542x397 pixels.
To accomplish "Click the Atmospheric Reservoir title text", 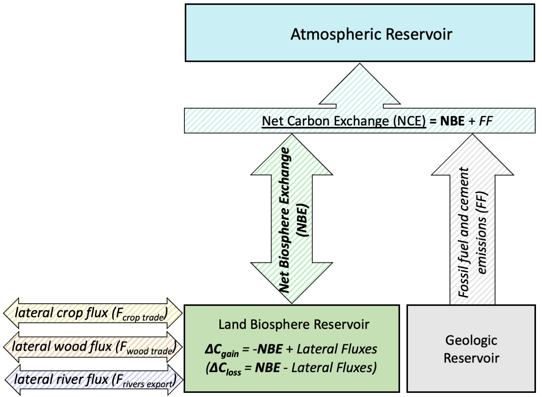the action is [x=371, y=34].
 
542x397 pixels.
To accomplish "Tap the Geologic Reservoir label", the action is [x=471, y=349].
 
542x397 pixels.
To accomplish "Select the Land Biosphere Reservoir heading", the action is [x=294, y=324].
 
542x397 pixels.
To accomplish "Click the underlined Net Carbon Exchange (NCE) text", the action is [x=344, y=121].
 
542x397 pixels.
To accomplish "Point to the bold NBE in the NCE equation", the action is [x=452, y=121].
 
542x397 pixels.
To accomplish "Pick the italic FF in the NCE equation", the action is [x=486, y=121].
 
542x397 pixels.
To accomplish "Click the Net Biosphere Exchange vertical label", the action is [x=293, y=220].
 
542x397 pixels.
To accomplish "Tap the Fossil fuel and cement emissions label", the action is [x=472, y=232].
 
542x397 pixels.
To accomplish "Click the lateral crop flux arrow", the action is [x=93, y=313].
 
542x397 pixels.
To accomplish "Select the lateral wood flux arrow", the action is [x=93, y=347].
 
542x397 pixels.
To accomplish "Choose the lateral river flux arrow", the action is [x=94, y=380].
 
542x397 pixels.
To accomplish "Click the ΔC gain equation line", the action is [x=291, y=350].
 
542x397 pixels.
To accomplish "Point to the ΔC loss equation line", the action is [x=291, y=368].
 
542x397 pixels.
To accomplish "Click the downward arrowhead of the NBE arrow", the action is [x=292, y=283].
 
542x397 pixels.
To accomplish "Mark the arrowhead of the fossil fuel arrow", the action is [x=472, y=154].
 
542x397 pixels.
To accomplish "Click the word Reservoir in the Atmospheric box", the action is [x=419, y=34].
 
